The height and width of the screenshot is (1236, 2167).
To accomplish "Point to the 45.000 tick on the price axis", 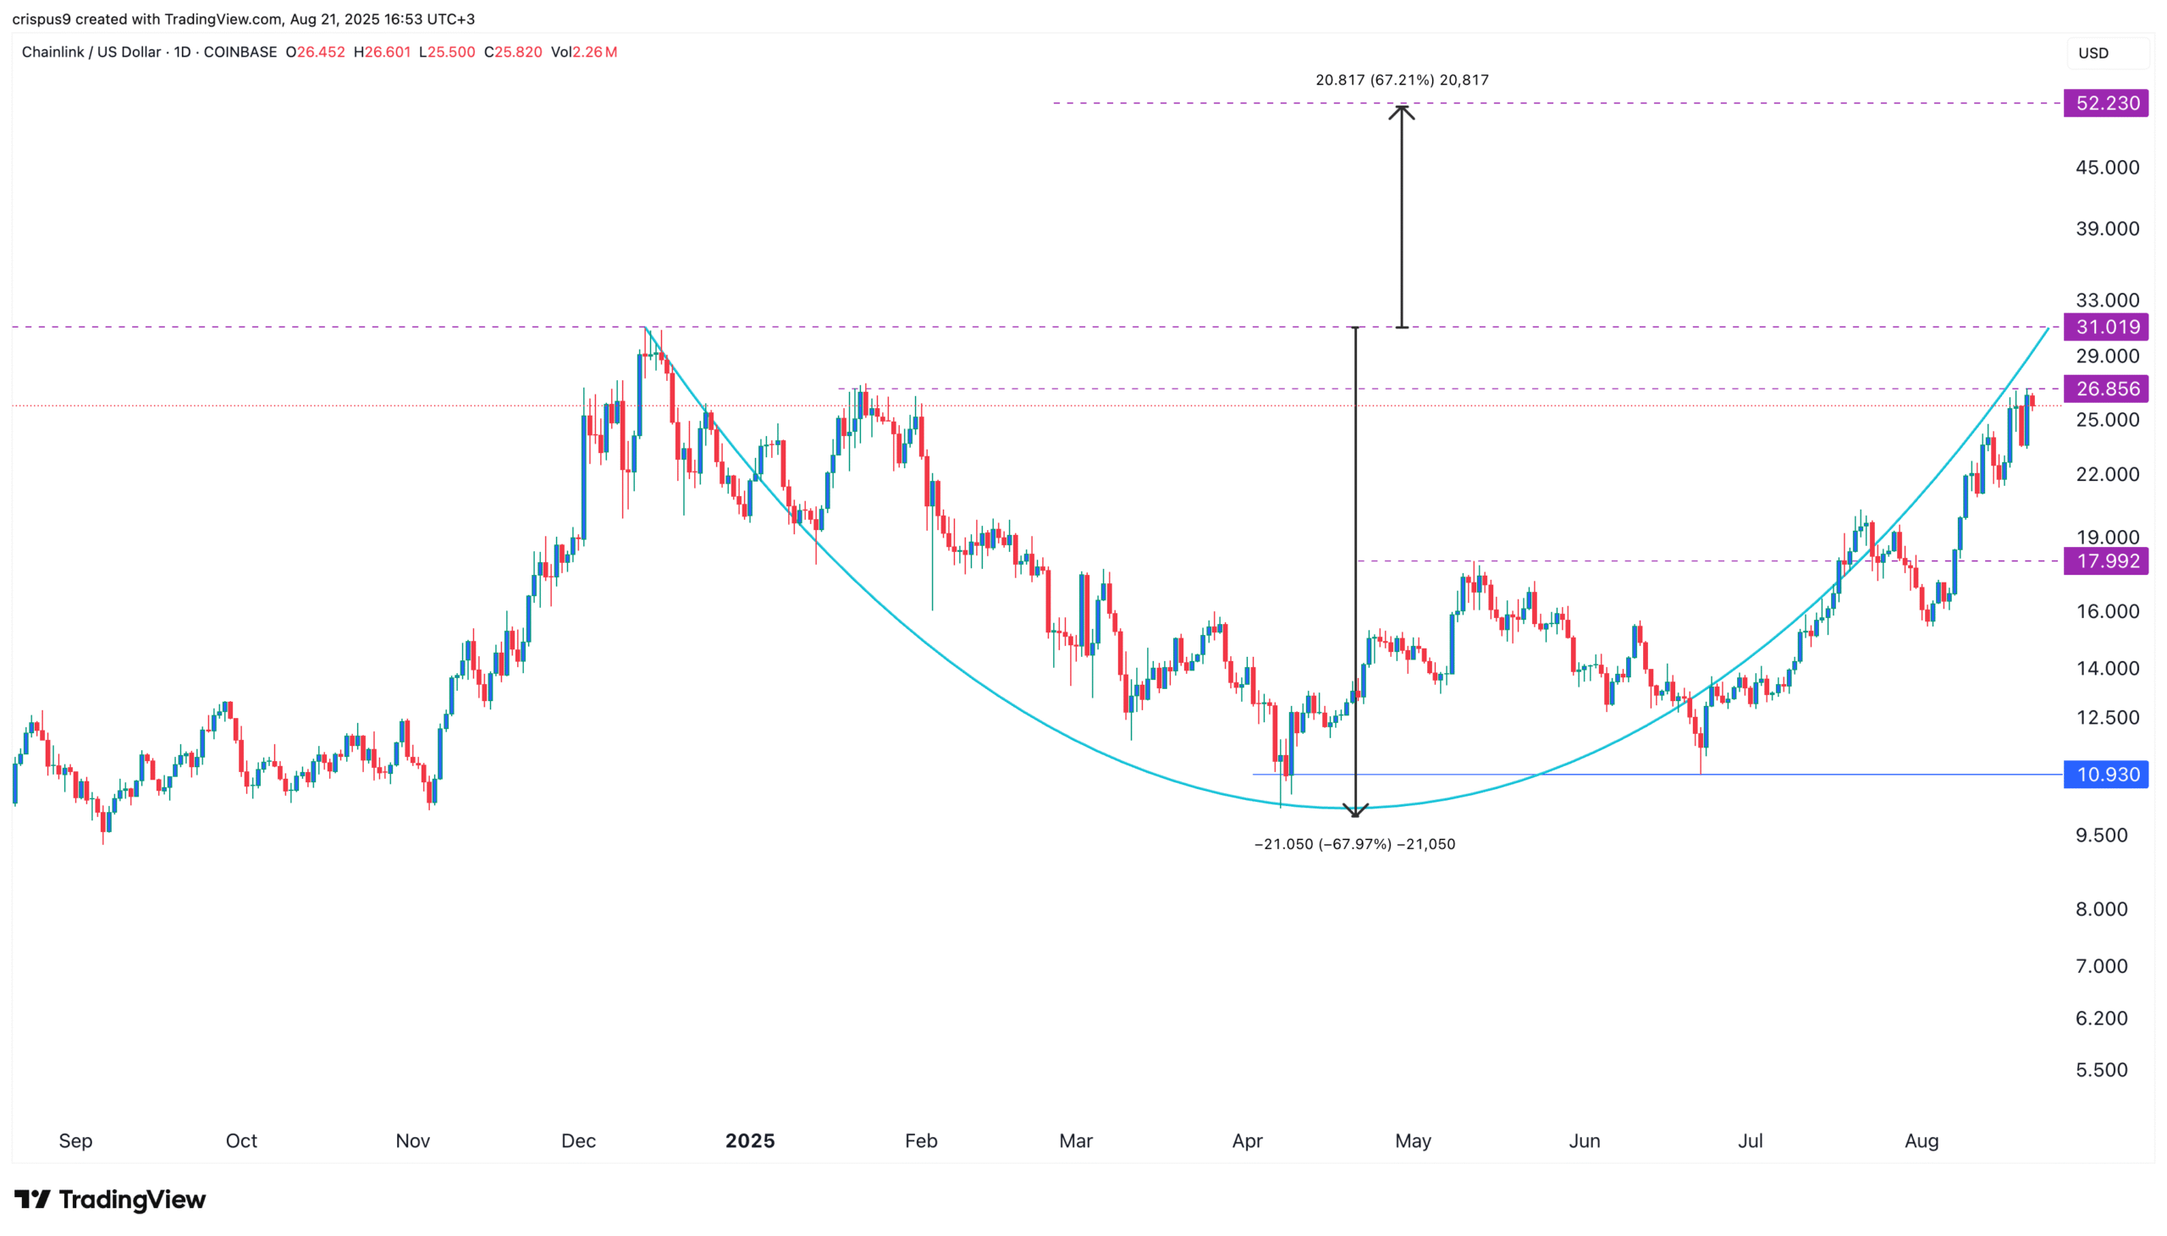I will coord(2107,168).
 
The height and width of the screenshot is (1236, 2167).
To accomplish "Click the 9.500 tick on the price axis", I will coord(2101,836).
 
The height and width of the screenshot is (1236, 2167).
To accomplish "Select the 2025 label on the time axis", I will coord(749,1141).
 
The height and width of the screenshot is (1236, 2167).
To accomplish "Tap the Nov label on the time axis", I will coord(412,1141).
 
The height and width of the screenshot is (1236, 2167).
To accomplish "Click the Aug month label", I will coord(1921,1141).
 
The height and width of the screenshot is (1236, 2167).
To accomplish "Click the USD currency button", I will coord(2093,52).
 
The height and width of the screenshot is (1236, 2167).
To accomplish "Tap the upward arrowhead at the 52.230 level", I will coord(1402,110).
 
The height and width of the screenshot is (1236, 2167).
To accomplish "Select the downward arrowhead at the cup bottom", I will coord(1354,810).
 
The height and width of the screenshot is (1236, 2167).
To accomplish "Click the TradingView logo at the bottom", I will coord(110,1200).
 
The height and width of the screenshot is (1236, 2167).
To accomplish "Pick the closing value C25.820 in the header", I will coord(513,52).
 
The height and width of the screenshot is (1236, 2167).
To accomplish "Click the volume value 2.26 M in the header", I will coord(594,52).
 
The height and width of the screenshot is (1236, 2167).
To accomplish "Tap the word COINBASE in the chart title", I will coord(240,52).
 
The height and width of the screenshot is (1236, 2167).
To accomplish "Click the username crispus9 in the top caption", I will coord(41,19).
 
